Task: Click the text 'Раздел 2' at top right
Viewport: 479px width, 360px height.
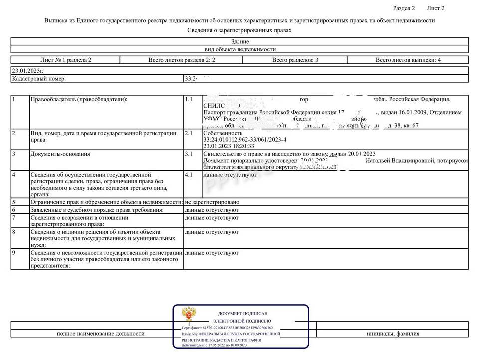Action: click(404, 8)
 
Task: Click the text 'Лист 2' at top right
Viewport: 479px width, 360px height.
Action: click(435, 8)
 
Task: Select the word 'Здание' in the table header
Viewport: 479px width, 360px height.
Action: click(239, 42)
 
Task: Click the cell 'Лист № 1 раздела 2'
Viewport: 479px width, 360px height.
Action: click(66, 60)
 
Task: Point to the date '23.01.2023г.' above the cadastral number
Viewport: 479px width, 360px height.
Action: click(27, 71)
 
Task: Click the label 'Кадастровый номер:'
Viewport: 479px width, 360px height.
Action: click(39, 79)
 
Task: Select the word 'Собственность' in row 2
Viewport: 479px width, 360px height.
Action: click(223, 134)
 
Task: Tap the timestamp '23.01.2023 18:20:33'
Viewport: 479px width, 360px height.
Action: click(229, 147)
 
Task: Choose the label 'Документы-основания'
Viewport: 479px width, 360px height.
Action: click(60, 154)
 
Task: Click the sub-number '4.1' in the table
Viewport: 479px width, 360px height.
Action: click(189, 175)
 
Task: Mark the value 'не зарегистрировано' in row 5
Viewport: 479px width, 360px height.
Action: click(212, 202)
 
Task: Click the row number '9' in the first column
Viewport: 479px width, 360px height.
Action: click(14, 253)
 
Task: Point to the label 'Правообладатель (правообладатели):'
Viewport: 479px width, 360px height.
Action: click(79, 100)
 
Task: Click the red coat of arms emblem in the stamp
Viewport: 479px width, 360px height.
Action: click(188, 316)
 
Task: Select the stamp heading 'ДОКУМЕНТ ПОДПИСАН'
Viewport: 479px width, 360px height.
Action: click(242, 313)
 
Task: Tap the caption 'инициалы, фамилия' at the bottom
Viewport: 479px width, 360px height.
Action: click(393, 334)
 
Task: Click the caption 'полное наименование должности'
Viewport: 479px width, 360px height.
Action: click(101, 334)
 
